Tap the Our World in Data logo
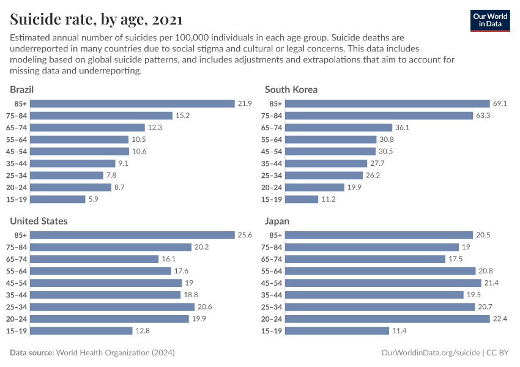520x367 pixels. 489,20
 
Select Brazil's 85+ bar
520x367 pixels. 132,103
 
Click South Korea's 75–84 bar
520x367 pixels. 379,116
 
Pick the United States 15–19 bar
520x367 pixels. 81,331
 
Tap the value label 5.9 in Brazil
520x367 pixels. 94,199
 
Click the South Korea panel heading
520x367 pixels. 291,89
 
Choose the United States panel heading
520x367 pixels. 39,221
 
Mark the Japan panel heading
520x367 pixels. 277,221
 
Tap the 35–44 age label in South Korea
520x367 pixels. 272,163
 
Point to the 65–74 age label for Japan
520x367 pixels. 272,259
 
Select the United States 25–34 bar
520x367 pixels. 112,307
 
